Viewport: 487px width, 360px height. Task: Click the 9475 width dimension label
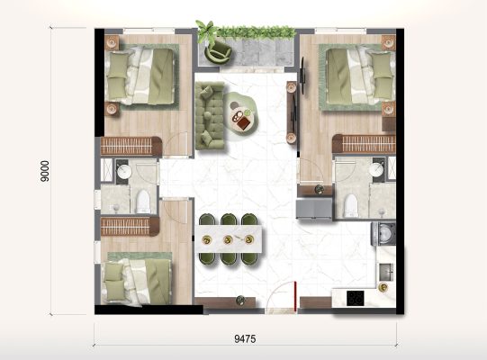pos(245,338)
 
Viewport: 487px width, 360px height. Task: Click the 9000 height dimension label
pos(45,171)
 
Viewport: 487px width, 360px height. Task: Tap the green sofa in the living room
pos(210,115)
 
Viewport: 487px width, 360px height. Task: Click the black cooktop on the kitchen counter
pos(356,298)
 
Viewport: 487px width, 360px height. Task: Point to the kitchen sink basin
pos(386,271)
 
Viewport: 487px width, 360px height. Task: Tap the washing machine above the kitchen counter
pos(383,234)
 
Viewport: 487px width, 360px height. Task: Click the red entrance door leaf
pos(295,295)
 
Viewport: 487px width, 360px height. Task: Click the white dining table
pos(229,239)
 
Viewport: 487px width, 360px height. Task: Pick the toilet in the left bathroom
pos(143,202)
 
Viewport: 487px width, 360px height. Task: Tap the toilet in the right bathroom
pos(351,205)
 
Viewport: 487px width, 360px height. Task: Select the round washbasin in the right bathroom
pos(376,170)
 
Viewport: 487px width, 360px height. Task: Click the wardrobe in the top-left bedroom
pos(131,146)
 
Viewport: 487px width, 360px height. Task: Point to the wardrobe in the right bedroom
pos(364,143)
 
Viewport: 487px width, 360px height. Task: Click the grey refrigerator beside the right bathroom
pos(314,209)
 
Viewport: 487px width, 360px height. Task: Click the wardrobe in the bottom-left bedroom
pos(130,226)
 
